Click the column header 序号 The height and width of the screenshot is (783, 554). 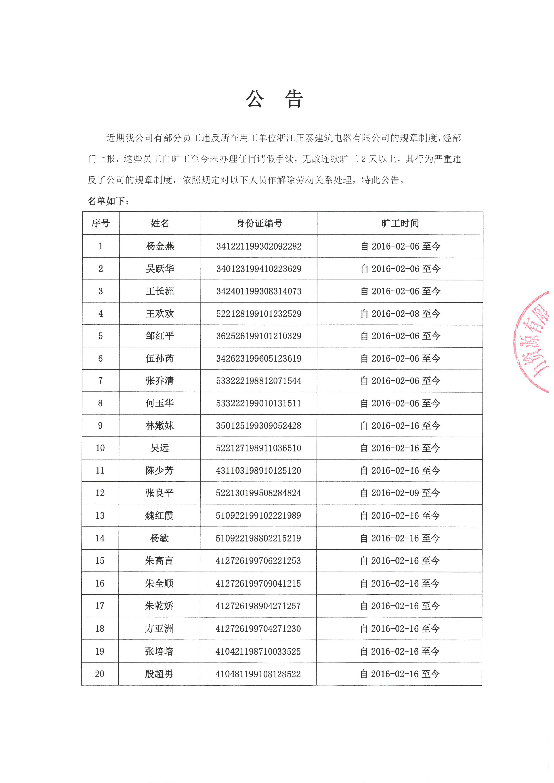tap(100, 223)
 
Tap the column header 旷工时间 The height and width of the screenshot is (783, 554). tap(400, 223)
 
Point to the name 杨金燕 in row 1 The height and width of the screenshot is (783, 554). tap(160, 246)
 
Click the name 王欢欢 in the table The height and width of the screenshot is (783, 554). tap(160, 314)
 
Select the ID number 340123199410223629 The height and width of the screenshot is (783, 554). tap(259, 269)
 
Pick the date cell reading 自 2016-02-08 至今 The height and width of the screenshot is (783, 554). tap(400, 314)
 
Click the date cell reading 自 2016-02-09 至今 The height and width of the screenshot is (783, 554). tap(400, 493)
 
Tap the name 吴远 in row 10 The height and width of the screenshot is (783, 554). tap(160, 448)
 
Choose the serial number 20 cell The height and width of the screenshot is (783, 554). tap(100, 674)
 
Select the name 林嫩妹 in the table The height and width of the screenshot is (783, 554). tap(160, 426)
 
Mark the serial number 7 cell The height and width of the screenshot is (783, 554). tap(100, 381)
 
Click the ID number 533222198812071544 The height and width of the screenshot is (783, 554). tap(259, 381)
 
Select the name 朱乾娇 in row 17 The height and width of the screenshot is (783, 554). tap(159, 606)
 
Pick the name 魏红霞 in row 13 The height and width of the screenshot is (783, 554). tap(159, 516)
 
